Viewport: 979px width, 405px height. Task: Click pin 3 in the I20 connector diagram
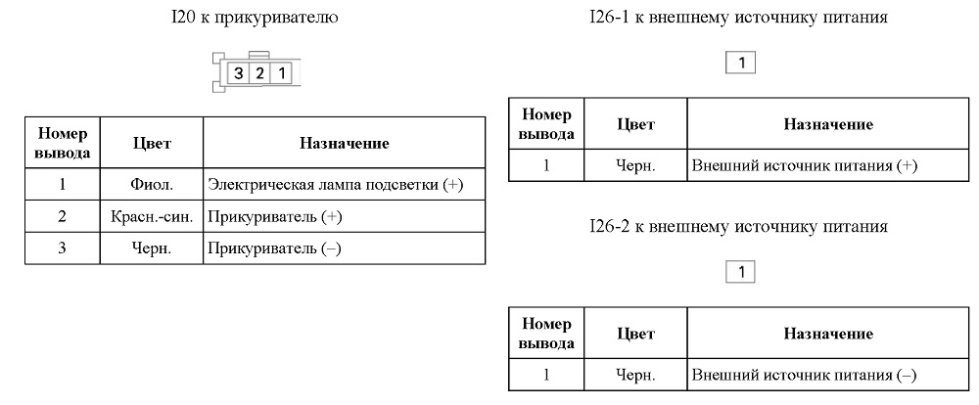(239, 73)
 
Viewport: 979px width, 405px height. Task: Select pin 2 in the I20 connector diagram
(259, 73)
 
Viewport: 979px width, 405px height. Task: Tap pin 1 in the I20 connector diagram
(282, 73)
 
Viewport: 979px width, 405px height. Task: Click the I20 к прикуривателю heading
(255, 18)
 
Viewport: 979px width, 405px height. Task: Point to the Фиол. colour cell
(152, 185)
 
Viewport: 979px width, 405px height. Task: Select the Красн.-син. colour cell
(152, 216)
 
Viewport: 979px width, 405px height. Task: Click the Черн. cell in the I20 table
(152, 248)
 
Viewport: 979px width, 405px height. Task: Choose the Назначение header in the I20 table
(344, 144)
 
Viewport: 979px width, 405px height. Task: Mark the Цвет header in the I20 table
(152, 144)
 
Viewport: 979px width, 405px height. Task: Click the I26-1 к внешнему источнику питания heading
(738, 18)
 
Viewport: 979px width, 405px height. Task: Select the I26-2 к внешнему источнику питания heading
(738, 227)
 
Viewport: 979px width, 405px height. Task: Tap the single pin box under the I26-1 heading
(741, 63)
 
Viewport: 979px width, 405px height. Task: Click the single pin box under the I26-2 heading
(741, 272)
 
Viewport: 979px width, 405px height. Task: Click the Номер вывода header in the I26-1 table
(547, 123)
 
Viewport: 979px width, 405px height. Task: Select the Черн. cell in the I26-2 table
(635, 376)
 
